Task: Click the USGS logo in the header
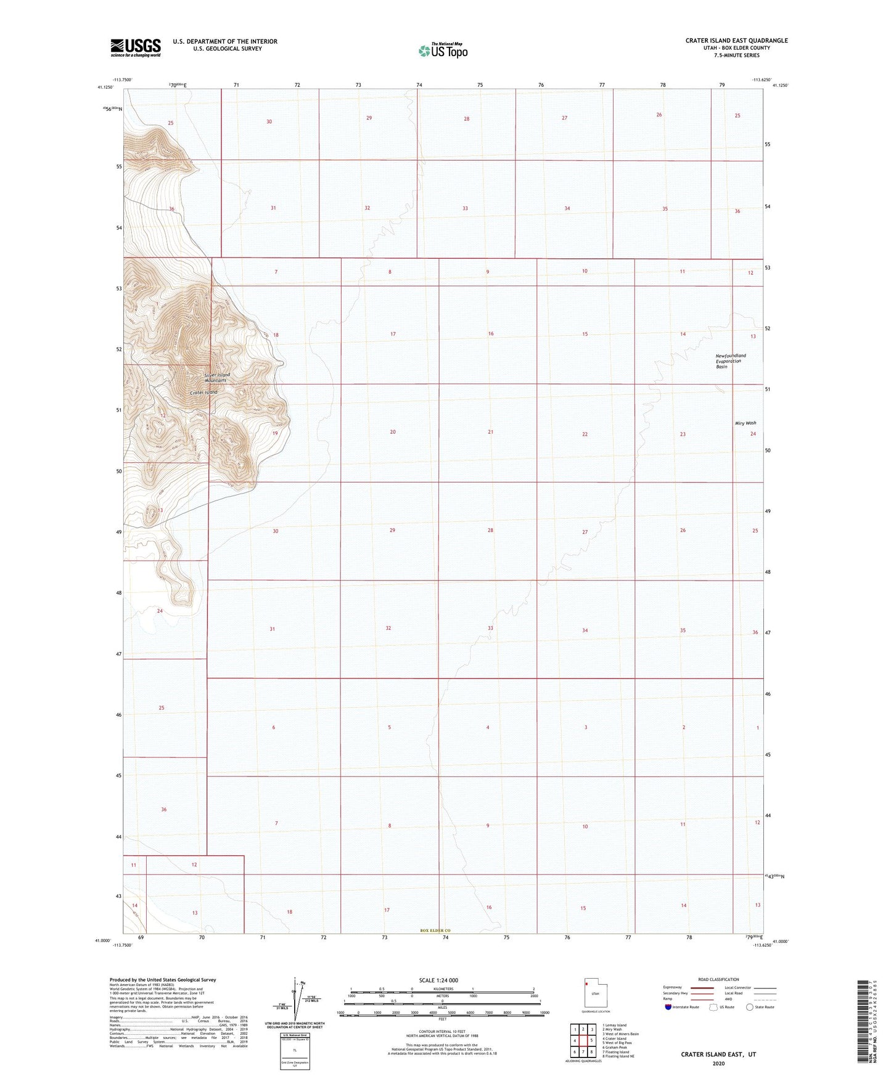pos(136,47)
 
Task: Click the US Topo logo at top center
pos(442,51)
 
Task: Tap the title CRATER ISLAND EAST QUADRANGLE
pos(736,41)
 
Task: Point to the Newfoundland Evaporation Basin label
pos(730,361)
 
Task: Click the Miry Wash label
pos(745,423)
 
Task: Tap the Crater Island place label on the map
pos(203,393)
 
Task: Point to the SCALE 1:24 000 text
pos(438,980)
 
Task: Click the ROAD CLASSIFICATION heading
pos(718,979)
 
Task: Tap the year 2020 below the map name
pos(718,1063)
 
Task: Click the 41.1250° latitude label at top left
pos(105,87)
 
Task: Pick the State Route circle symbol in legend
pos(749,1007)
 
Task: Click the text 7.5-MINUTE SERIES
pos(736,55)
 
